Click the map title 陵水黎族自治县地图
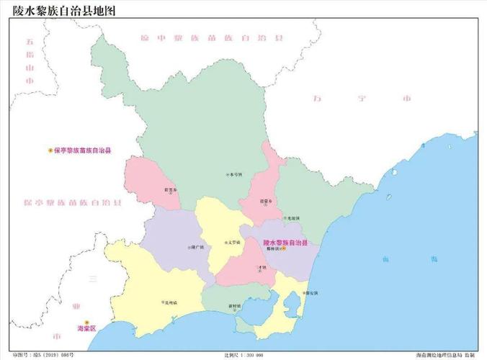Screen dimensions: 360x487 pyautogui.click(x=63, y=11)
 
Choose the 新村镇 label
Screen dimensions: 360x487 pyautogui.click(x=235, y=305)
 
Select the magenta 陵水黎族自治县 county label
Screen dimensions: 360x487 pyautogui.click(x=285, y=243)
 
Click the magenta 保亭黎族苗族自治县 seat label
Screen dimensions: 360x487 pyautogui.click(x=87, y=150)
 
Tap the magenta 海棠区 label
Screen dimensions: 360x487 pyautogui.click(x=86, y=328)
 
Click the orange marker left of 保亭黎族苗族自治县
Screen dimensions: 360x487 pyautogui.click(x=50, y=150)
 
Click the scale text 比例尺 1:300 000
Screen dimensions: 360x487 pyautogui.click(x=243, y=355)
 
